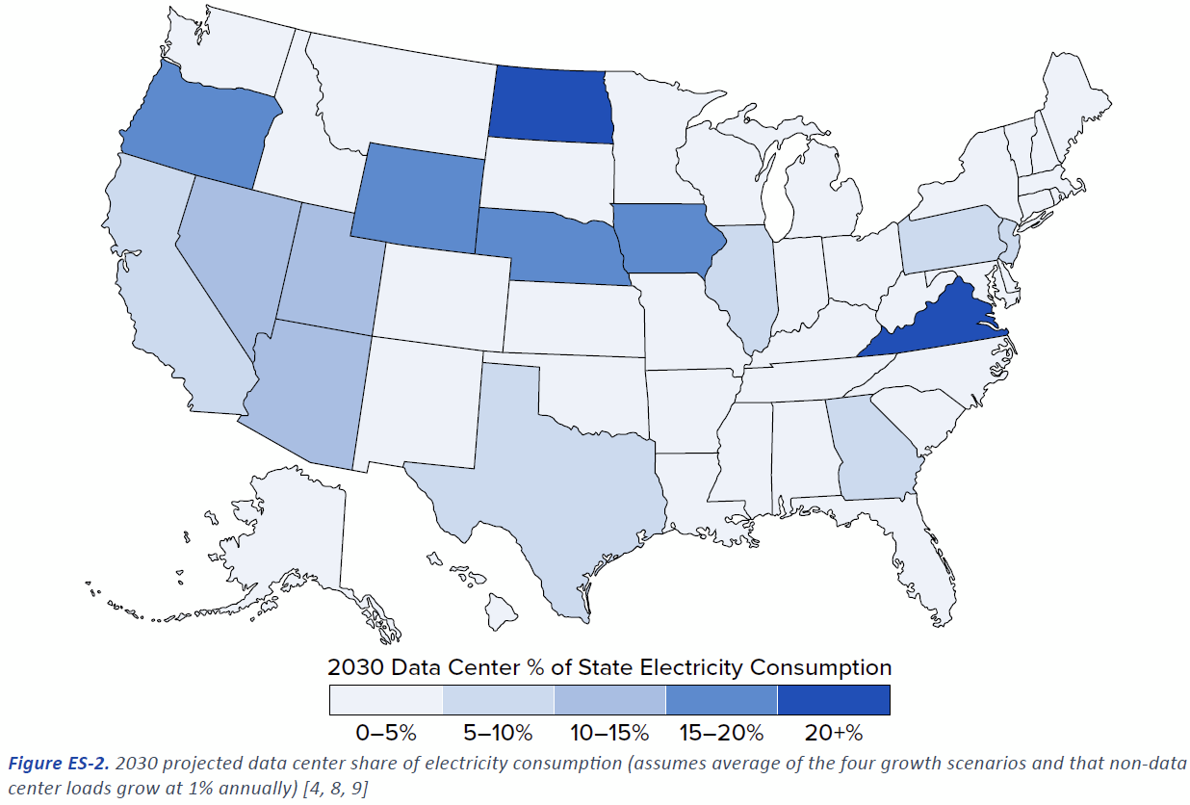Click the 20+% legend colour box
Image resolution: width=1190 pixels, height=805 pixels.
834,700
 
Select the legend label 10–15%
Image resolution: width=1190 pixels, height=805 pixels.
609,734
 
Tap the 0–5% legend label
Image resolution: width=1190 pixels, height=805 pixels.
385,734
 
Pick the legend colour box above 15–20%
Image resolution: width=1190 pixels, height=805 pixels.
721,700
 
